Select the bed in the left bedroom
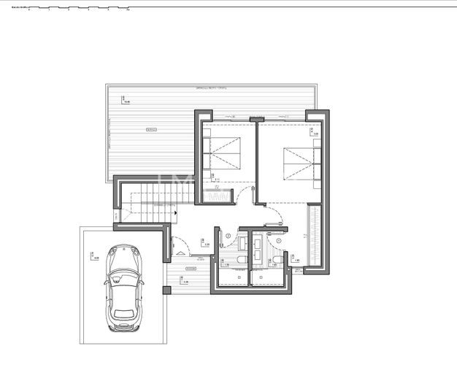(x=226, y=154)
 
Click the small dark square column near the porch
(x=166, y=290)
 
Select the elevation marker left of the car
(x=94, y=256)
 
